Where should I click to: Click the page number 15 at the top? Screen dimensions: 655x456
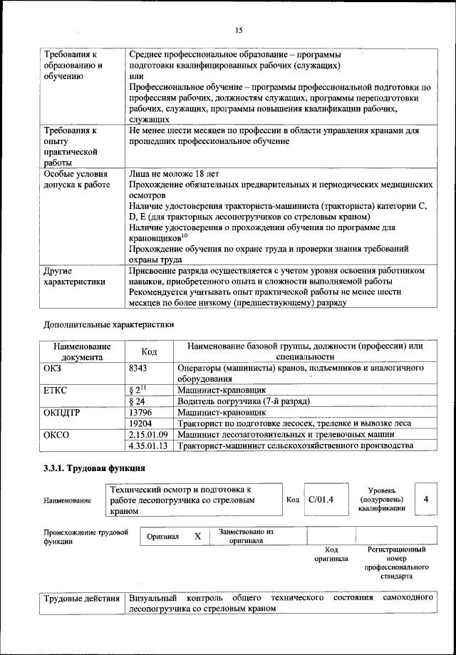click(239, 30)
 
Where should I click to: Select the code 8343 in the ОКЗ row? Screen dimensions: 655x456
click(140, 368)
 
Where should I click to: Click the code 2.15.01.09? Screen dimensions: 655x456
click(148, 434)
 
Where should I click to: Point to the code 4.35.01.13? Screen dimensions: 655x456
click(148, 445)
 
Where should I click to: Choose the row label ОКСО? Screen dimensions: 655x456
click(56, 434)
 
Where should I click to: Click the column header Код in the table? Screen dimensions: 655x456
click(149, 351)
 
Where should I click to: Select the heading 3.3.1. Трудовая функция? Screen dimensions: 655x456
click(94, 468)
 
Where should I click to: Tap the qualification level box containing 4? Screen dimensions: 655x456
click(425, 499)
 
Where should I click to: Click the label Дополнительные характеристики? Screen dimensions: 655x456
click(108, 324)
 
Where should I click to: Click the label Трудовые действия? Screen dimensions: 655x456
click(82, 597)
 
